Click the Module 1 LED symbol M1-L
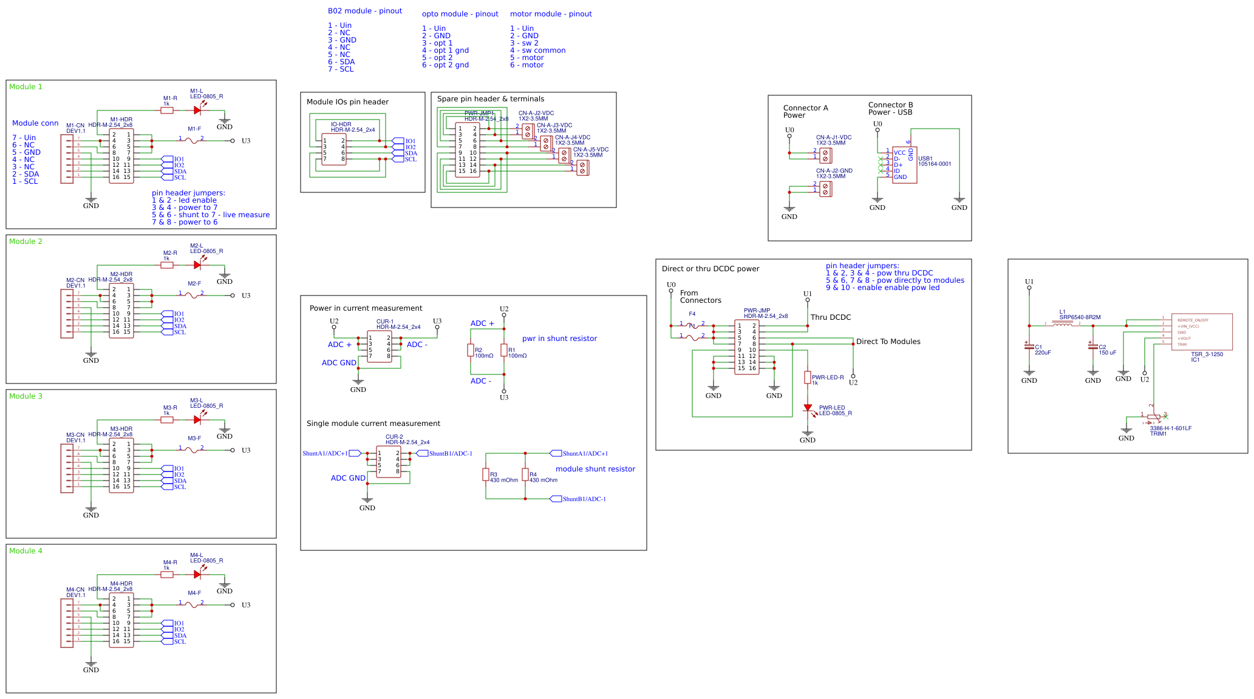pos(197,110)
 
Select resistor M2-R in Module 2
pos(167,265)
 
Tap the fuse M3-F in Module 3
pos(191,450)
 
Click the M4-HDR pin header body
pos(121,620)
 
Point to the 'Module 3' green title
pos(26,396)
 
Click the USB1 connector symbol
pos(904,164)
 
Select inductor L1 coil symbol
pos(1062,325)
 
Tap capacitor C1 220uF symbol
pos(1029,346)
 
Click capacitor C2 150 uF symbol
pos(1093,346)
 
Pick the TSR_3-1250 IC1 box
pos(1201,332)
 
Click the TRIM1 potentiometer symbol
pos(1153,417)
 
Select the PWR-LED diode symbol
pos(808,408)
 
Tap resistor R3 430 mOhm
pos(486,474)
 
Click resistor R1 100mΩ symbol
pos(504,350)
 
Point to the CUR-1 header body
pos(380,347)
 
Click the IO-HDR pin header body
pos(334,149)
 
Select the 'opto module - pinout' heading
pos(460,14)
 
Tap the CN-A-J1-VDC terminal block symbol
pos(825,155)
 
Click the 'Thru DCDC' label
pos(830,317)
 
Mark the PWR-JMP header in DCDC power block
pos(746,347)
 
